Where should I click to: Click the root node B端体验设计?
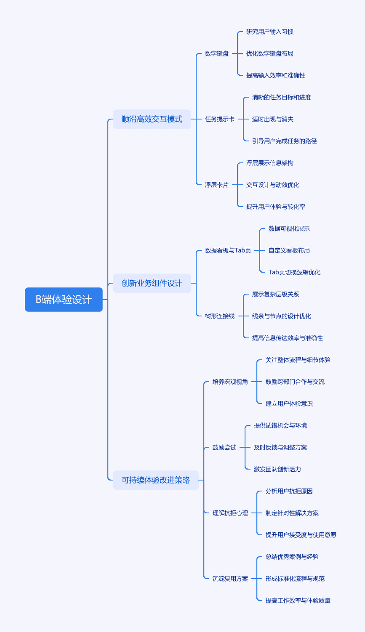(64, 299)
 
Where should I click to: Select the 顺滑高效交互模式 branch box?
(152, 119)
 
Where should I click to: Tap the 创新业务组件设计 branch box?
(152, 283)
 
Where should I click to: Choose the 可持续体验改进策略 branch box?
(156, 480)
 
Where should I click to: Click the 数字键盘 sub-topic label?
(217, 53)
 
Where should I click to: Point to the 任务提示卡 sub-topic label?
(220, 119)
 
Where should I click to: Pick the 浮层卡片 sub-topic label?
(217, 185)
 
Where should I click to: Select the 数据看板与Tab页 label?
(228, 250)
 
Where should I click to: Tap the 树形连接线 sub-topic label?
(220, 316)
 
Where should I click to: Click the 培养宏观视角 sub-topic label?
(230, 382)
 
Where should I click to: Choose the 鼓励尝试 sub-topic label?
(224, 447)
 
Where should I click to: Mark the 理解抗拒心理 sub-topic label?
(230, 513)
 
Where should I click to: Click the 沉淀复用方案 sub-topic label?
(230, 579)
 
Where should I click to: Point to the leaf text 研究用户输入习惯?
(270, 32)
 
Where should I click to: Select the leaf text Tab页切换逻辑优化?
(294, 272)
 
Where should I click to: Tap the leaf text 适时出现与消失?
(273, 119)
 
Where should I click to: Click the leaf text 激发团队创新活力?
(277, 469)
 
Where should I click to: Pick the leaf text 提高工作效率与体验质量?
(298, 600)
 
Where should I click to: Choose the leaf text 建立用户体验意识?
(289, 404)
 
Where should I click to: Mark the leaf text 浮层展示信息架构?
(270, 163)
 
